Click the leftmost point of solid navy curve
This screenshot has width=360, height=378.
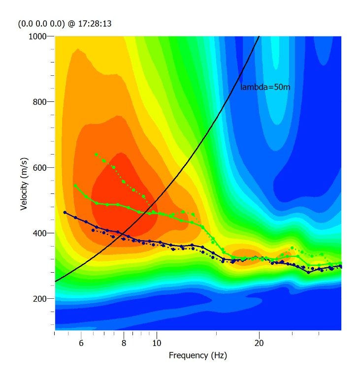click(65, 212)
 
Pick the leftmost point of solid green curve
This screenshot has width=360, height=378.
click(75, 186)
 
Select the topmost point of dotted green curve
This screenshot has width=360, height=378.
click(96, 155)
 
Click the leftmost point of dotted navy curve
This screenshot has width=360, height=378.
click(93, 230)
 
